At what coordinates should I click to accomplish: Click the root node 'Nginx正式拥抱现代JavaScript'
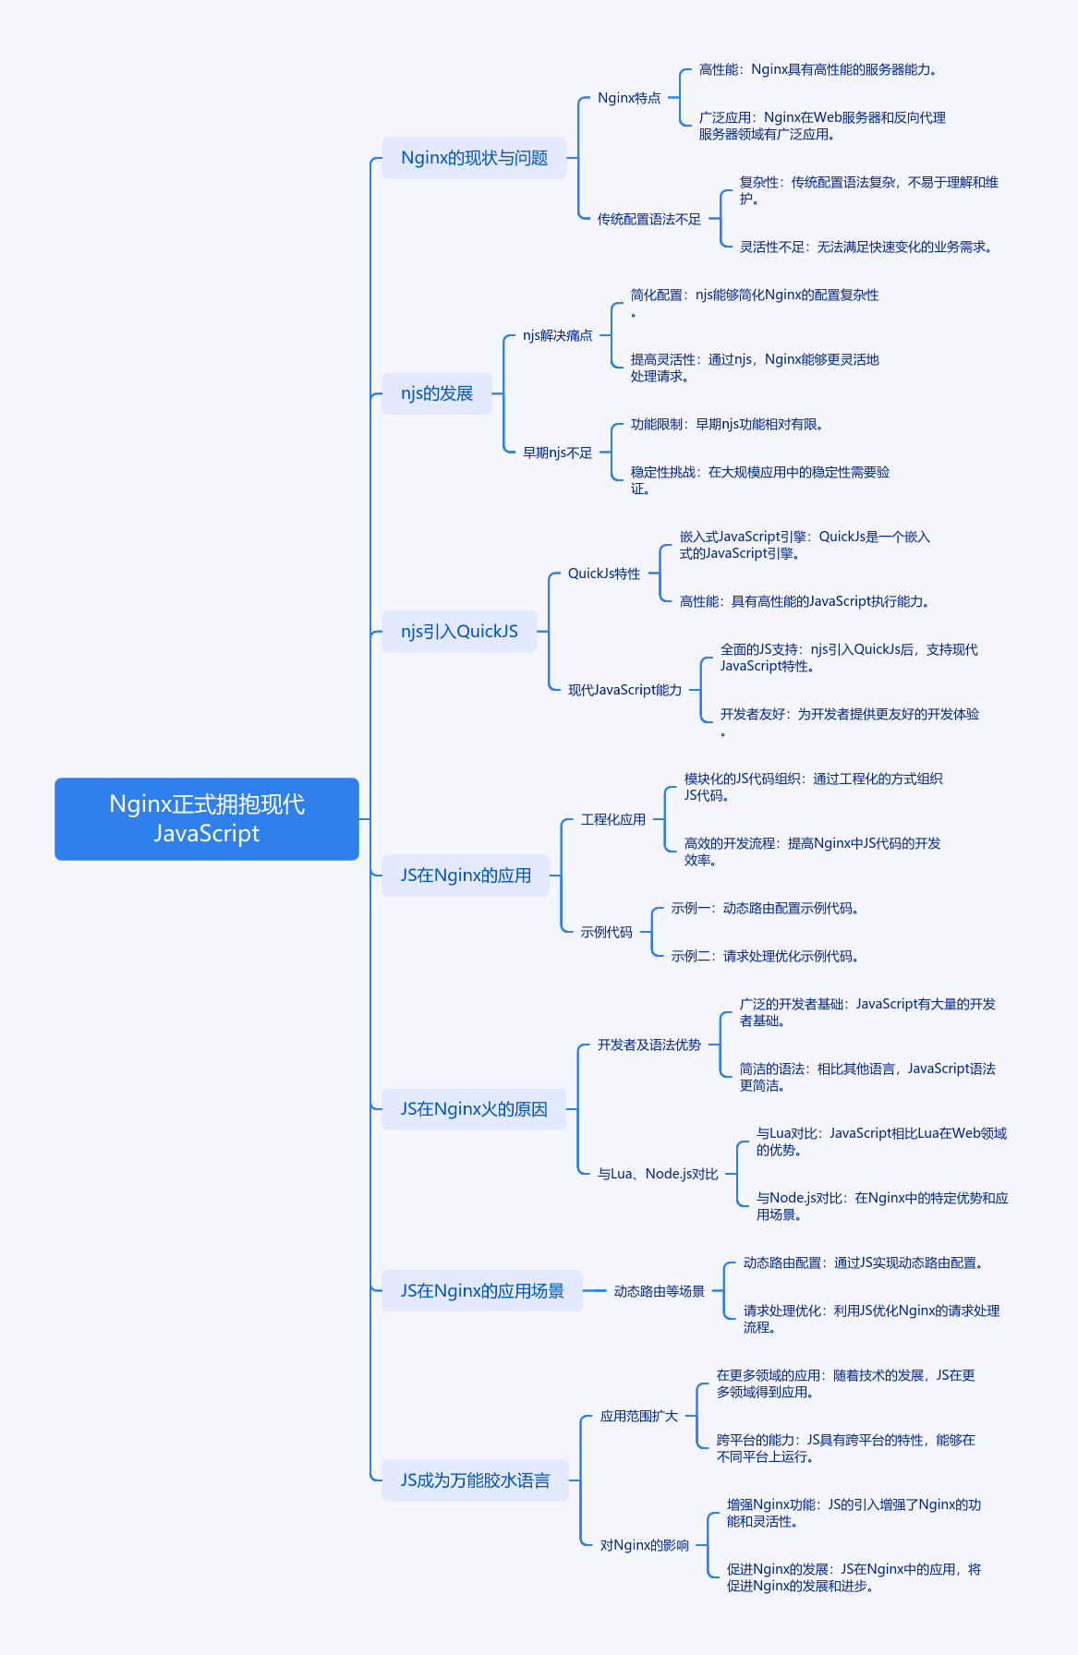[207, 819]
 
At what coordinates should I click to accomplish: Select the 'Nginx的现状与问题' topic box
[474, 158]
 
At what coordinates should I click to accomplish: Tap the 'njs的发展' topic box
[437, 393]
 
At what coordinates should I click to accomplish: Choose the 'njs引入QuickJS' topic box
[459, 632]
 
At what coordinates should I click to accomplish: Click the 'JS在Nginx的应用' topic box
[466, 876]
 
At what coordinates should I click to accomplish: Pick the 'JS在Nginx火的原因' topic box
[474, 1109]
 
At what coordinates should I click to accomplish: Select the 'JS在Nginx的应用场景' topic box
[482, 1291]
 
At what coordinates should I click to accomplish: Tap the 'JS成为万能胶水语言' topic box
[475, 1480]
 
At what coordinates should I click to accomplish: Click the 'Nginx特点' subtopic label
[629, 98]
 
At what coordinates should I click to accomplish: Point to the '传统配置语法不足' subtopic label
[648, 219]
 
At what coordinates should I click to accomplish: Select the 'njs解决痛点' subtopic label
[557, 335]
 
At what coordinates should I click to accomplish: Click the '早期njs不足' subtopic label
[557, 453]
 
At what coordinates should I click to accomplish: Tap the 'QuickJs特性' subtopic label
[604, 574]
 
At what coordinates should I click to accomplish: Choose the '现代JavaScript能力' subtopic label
[624, 690]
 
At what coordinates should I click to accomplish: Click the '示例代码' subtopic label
[606, 932]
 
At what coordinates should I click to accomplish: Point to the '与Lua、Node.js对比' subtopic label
[658, 1174]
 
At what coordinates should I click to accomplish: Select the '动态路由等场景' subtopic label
[659, 1291]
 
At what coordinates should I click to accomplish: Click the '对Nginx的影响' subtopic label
[645, 1545]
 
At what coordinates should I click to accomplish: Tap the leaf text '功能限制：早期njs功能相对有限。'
[728, 425]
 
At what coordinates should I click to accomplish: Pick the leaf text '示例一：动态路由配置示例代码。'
[766, 909]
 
